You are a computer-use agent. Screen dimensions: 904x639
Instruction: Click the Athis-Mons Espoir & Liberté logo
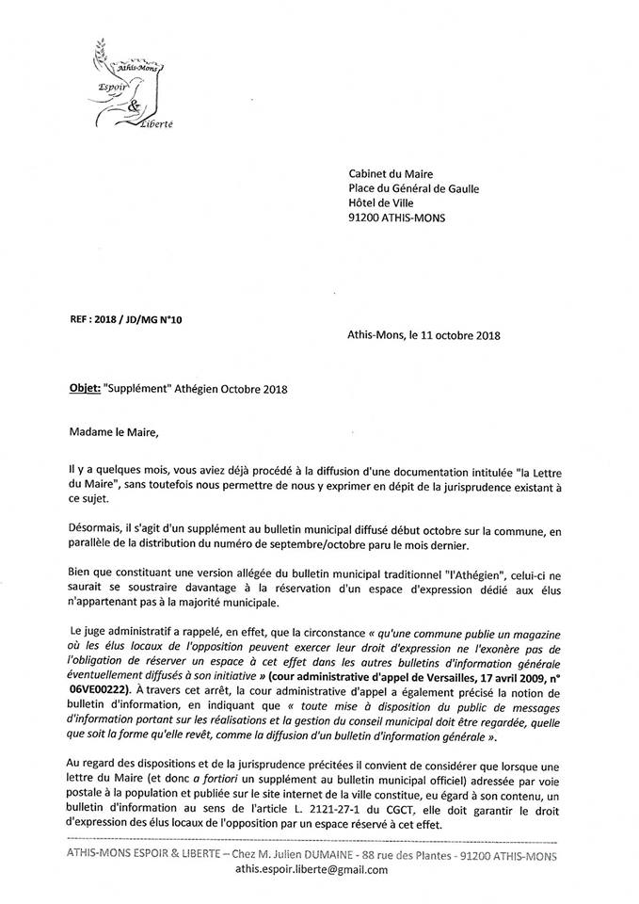point(128,85)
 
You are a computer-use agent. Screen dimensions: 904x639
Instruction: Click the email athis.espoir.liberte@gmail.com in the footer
point(311,870)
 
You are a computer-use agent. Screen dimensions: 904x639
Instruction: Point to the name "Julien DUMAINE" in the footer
point(317,855)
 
